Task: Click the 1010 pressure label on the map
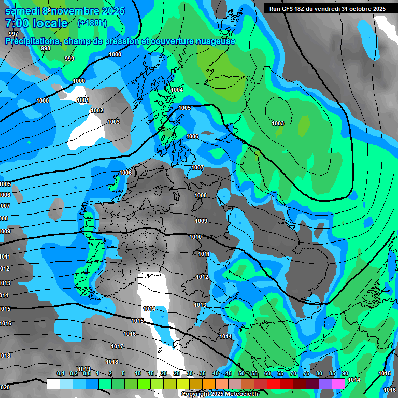click(195, 237)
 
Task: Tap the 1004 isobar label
click(177, 90)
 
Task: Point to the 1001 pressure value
click(83, 101)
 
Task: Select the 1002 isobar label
click(97, 110)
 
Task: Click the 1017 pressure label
click(117, 346)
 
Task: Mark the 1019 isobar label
click(84, 369)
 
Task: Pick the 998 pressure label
click(46, 48)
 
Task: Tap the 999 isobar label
click(69, 59)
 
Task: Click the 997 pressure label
click(13, 34)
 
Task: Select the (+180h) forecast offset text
click(92, 23)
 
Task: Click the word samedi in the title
click(23, 11)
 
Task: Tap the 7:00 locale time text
click(36, 23)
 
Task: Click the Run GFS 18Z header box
click(328, 9)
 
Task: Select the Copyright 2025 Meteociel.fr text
click(220, 394)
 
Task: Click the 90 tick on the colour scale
click(345, 374)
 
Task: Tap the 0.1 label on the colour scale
click(60, 374)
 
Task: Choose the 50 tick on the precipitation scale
click(241, 374)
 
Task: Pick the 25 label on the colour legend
click(177, 374)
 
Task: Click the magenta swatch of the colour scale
click(338, 383)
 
